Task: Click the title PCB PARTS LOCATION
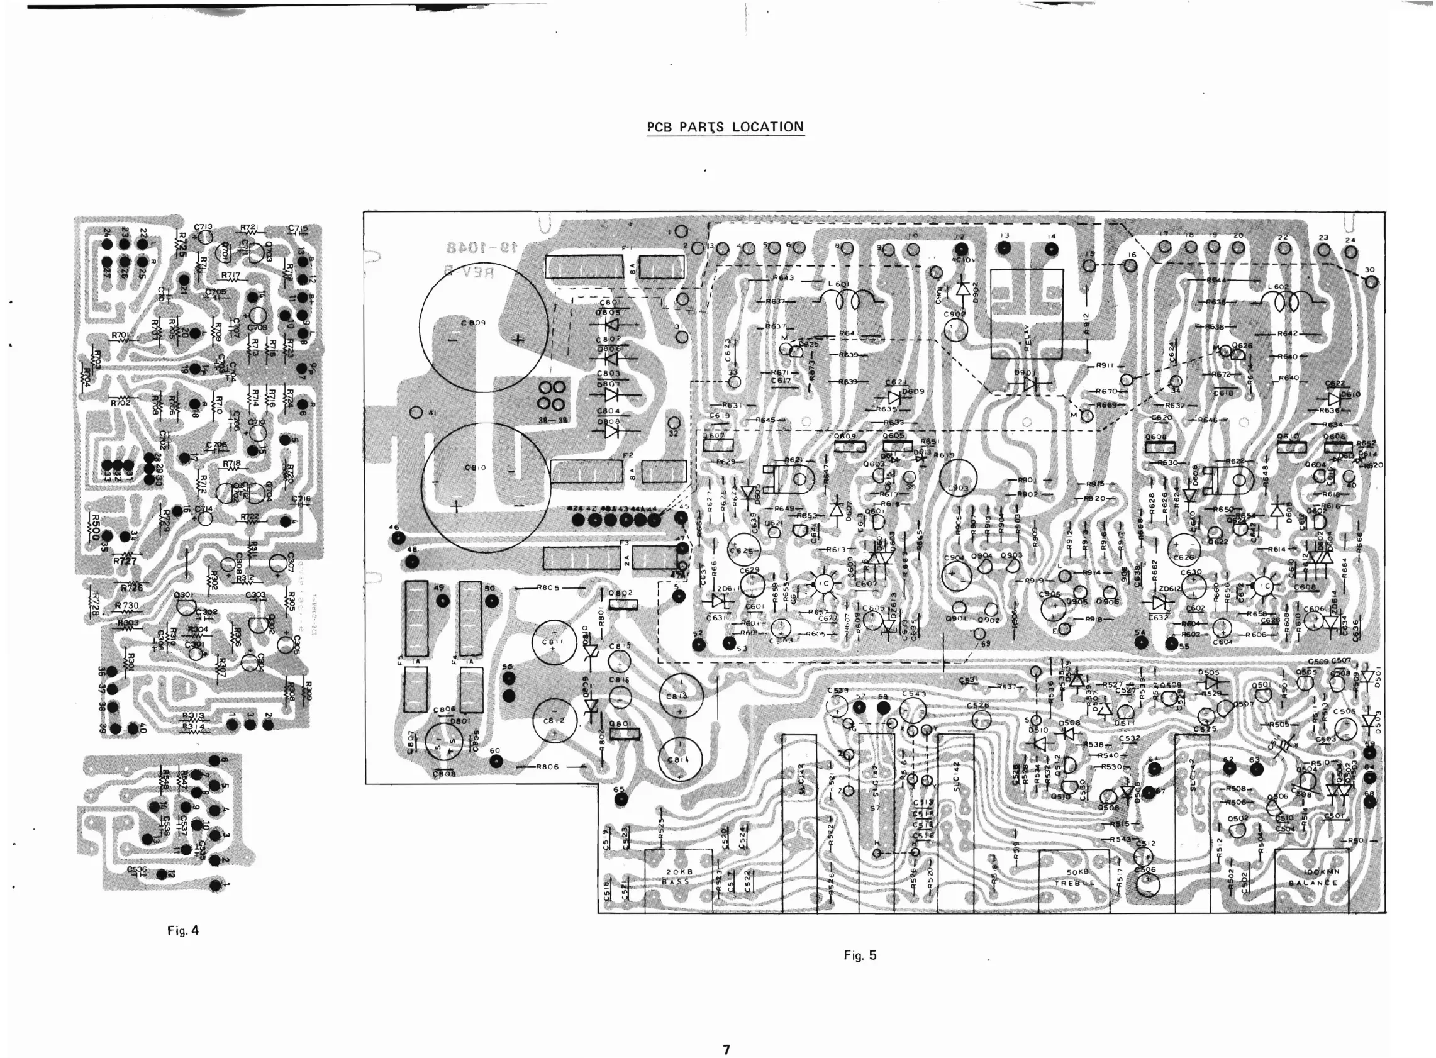(725, 127)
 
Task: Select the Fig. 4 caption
(182, 930)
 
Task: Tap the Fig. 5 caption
(860, 955)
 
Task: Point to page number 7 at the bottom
(726, 1049)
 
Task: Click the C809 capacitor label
(474, 323)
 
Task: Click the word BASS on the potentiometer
(676, 882)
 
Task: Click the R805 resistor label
(550, 587)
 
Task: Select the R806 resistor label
(549, 767)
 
